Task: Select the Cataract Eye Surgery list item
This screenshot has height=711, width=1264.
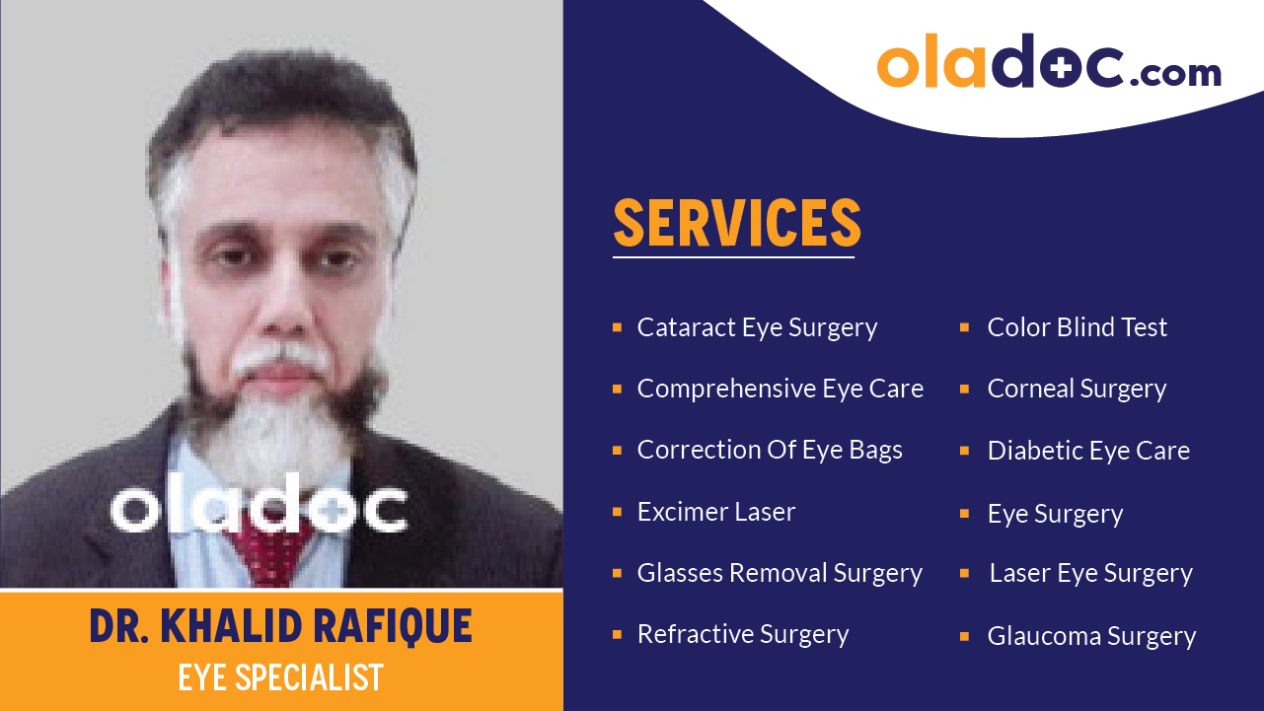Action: [757, 327]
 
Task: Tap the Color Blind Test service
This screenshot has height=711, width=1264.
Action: [1077, 327]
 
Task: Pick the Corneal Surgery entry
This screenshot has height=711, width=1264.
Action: [1077, 390]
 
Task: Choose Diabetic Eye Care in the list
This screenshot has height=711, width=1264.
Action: [1088, 451]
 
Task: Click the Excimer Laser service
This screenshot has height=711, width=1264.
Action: [715, 512]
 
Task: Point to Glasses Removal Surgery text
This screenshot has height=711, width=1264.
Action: [780, 573]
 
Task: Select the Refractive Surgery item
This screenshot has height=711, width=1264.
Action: [742, 634]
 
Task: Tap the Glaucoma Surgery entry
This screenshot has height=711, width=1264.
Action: [1091, 636]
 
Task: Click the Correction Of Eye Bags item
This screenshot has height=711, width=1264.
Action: [770, 451]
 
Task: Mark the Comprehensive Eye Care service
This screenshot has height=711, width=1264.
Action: [780, 390]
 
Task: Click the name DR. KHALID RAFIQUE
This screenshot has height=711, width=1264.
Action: [281, 626]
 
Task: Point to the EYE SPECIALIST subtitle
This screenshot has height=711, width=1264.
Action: [281, 677]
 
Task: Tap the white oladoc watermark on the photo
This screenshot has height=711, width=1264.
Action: [259, 508]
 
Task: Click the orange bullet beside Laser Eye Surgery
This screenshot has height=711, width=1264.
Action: [965, 573]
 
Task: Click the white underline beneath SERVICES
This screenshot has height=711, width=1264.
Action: [733, 257]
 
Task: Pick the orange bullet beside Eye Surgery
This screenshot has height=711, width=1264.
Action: [965, 513]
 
